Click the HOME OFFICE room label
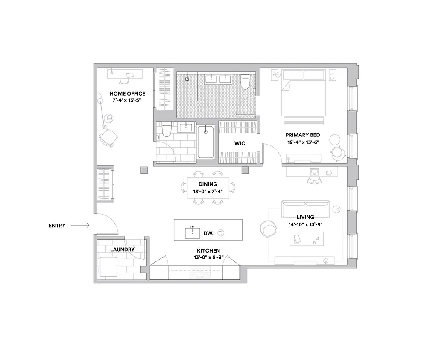(127, 93)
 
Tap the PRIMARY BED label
(303, 135)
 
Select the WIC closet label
(240, 143)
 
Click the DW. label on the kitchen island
(208, 233)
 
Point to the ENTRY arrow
(80, 225)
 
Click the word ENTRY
(57, 226)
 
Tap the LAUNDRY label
(122, 250)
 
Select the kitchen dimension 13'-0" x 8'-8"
(209, 257)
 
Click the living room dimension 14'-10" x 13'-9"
(306, 224)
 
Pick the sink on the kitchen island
(193, 233)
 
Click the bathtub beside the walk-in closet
(206, 142)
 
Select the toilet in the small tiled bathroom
(167, 130)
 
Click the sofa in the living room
(306, 209)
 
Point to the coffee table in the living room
(306, 239)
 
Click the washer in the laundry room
(108, 267)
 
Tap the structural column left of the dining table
(144, 170)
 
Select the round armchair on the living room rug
(268, 229)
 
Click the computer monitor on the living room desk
(315, 172)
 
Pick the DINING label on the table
(208, 184)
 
